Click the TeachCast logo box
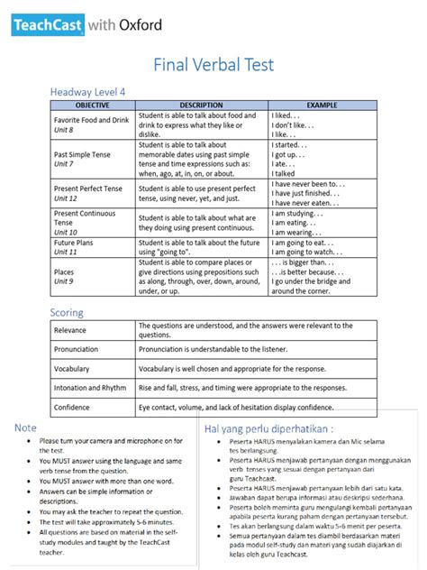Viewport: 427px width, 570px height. tap(48, 25)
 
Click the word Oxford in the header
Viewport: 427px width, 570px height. tap(140, 25)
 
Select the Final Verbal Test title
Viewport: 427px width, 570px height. tap(213, 65)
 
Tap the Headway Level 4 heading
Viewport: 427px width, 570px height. tap(87, 92)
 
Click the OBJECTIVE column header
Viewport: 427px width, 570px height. tap(93, 106)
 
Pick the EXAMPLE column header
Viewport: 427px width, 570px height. tap(322, 106)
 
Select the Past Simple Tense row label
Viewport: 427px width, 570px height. tap(82, 154)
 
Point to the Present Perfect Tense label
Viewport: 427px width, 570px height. tap(87, 188)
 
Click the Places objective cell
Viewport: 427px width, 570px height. tap(64, 271)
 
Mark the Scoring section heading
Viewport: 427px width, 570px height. tap(67, 312)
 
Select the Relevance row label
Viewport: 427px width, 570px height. tap(71, 330)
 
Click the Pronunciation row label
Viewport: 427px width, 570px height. tap(77, 349)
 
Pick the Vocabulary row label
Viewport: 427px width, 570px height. tap(72, 369)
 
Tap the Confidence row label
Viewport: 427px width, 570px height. tap(73, 408)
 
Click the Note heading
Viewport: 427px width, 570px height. tap(26, 427)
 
